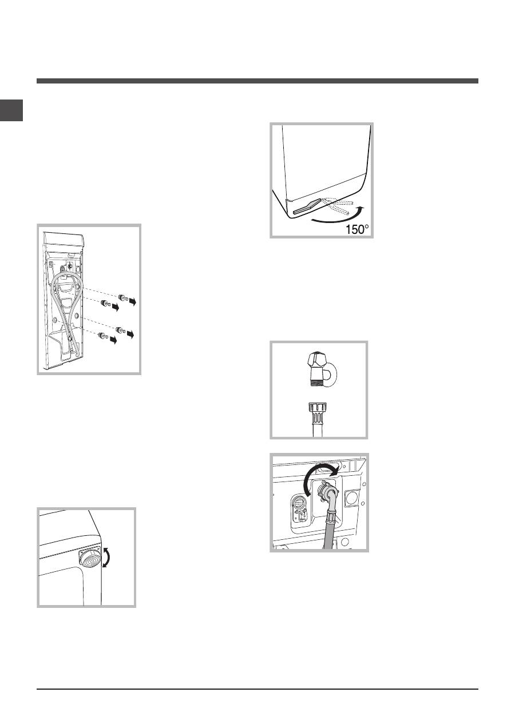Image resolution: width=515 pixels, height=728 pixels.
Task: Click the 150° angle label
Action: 357,229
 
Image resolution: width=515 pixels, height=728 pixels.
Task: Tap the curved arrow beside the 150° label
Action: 338,218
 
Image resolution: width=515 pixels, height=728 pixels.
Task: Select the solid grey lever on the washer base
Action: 307,206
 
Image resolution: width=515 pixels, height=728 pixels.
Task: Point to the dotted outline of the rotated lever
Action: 338,206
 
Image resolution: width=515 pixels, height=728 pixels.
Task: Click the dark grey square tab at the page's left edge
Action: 11,110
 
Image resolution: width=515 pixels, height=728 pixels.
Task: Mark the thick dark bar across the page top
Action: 257,81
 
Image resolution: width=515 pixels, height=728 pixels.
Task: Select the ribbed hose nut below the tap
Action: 318,408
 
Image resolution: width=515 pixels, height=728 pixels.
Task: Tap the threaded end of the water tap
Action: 316,380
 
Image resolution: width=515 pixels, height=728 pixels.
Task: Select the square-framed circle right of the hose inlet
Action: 352,499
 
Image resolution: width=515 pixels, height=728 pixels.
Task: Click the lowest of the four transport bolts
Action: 103,336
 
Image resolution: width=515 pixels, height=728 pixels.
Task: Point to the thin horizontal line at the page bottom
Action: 257,688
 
